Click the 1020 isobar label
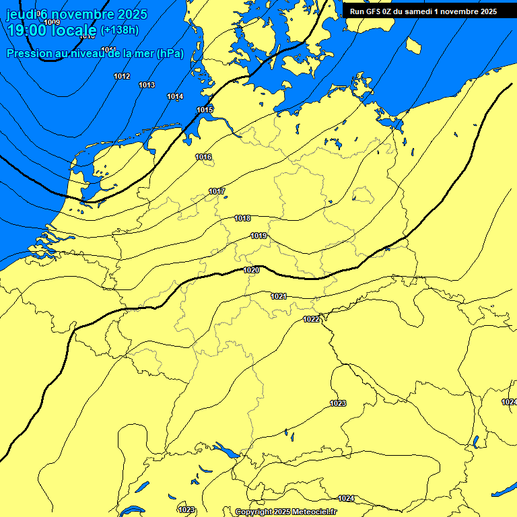251,270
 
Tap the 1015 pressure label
205,110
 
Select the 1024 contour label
346,498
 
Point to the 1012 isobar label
122,77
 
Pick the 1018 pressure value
242,218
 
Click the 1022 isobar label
311,319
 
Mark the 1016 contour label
203,157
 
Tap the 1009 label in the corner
52,22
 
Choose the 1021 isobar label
279,296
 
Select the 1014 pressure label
175,97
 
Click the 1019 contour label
258,236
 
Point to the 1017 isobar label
217,191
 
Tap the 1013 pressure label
147,85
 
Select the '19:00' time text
26,30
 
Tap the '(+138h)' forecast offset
120,30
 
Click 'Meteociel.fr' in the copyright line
314,512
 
